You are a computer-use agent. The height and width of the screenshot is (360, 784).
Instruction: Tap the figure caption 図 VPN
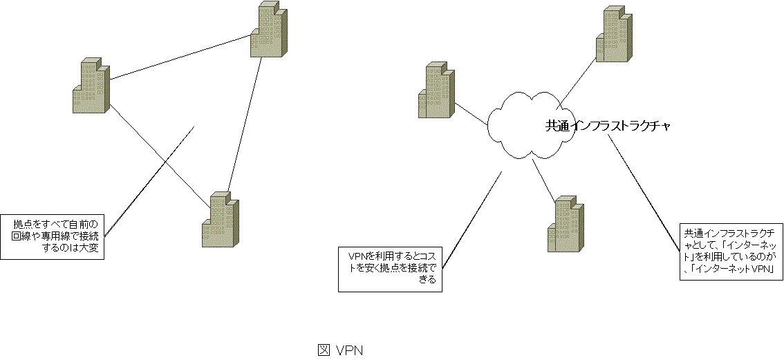pyautogui.click(x=340, y=350)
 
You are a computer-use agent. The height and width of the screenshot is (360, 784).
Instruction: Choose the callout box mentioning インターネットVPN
pyautogui.click(x=730, y=250)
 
